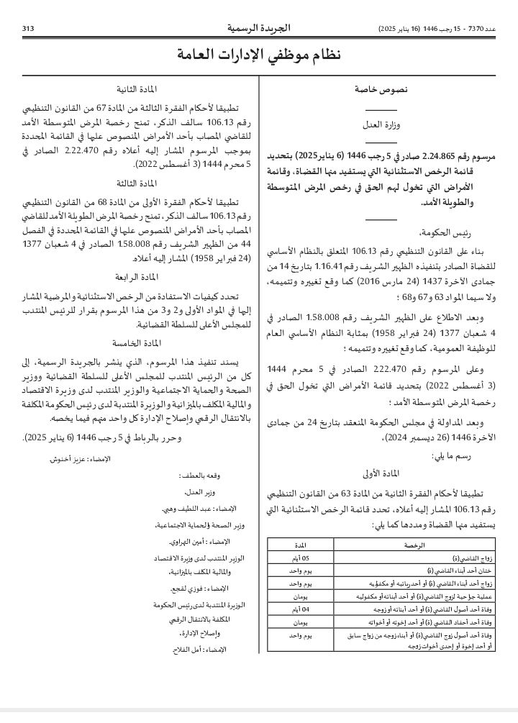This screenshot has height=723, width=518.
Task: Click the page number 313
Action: [x=29, y=29]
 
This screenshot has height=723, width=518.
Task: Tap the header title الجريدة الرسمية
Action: [x=259, y=28]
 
